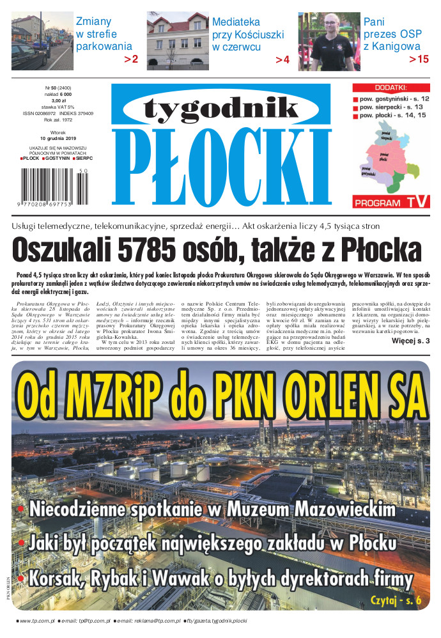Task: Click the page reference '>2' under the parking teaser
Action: coord(131,59)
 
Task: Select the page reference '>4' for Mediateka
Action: coord(282,60)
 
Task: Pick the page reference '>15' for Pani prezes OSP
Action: coord(419,59)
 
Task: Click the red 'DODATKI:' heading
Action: coord(391,88)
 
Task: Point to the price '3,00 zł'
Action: coord(59,100)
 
